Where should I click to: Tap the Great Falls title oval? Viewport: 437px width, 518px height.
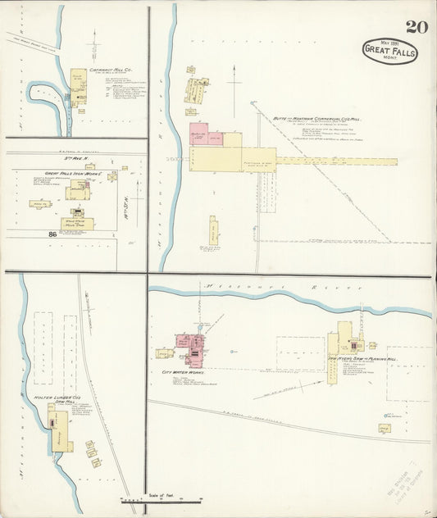pos(389,51)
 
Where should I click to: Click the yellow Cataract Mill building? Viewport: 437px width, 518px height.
pos(79,86)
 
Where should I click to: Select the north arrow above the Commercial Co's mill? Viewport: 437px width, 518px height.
pos(235,84)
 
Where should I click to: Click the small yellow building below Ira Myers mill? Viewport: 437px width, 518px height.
pos(385,427)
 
